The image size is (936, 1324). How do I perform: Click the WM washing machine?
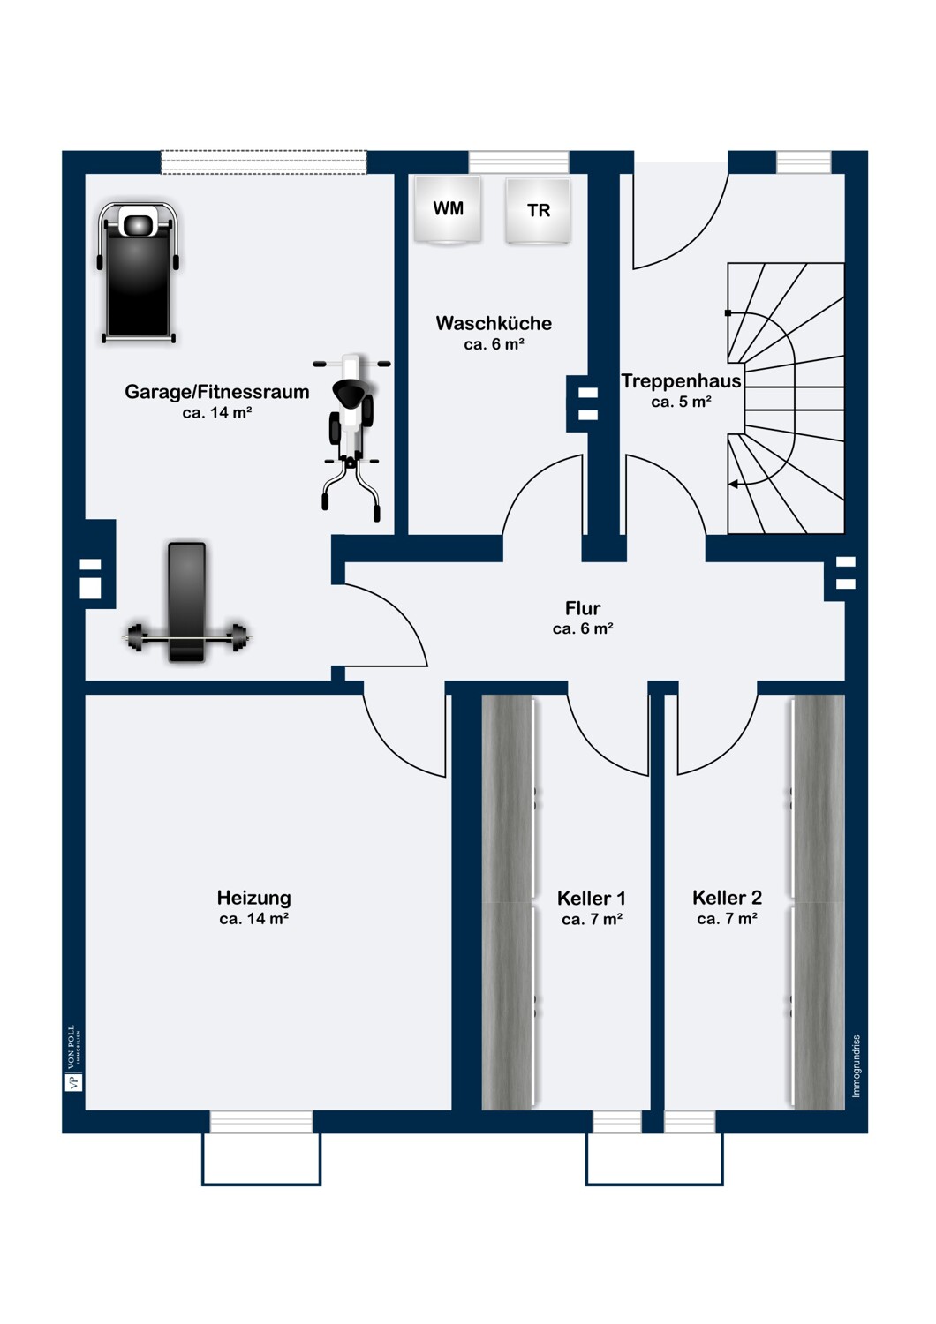448,209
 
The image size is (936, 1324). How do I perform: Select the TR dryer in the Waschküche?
538,211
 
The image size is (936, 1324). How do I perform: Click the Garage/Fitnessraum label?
217,392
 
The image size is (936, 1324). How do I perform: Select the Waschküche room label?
494,323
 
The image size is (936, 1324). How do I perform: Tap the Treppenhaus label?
681,381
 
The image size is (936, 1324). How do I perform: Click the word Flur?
583,608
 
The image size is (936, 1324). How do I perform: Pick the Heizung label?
254,898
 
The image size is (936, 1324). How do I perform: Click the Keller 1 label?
592,899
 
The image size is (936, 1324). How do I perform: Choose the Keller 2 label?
727,898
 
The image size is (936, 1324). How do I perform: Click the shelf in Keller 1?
509,900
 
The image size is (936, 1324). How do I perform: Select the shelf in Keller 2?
818,900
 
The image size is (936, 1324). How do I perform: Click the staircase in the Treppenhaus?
786,397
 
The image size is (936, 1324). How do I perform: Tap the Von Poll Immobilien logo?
73,1059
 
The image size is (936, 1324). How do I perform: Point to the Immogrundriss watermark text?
856,1066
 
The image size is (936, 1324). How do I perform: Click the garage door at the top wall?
263,162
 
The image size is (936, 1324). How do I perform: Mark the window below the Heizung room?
261,1122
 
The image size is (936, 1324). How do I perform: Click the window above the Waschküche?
518,162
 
